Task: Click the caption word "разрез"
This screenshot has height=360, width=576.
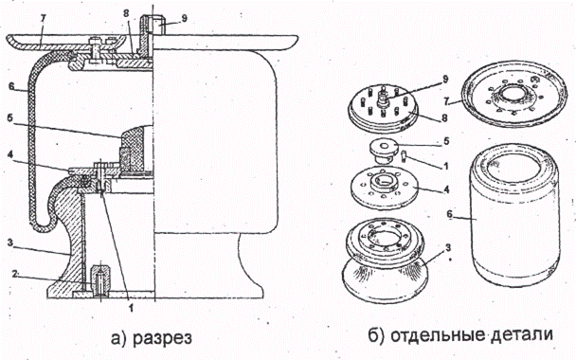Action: click(162, 337)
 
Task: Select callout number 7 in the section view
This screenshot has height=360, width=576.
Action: click(43, 20)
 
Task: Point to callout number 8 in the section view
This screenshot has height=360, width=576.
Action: click(126, 14)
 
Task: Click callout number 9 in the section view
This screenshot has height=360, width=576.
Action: click(184, 17)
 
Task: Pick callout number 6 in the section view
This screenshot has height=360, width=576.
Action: click(11, 86)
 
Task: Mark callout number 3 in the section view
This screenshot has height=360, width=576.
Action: click(10, 243)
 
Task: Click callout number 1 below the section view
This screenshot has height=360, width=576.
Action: click(131, 309)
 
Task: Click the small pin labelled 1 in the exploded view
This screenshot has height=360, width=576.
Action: click(405, 156)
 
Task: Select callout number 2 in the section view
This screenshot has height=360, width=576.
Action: click(14, 274)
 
